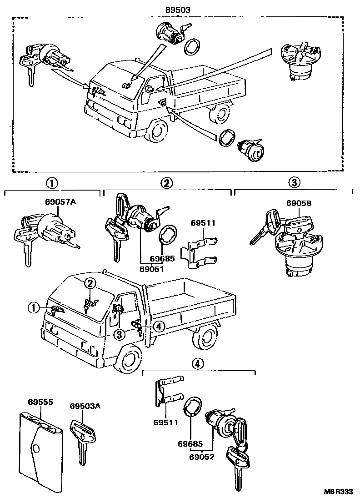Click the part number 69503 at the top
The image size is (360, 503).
point(178,9)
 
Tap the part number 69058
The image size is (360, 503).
point(299,203)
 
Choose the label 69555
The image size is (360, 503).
point(40,402)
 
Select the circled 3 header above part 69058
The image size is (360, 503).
point(294,183)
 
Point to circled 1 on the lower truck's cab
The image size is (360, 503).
point(33,308)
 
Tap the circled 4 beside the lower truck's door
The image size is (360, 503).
point(158,326)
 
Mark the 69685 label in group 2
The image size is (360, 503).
point(162,259)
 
